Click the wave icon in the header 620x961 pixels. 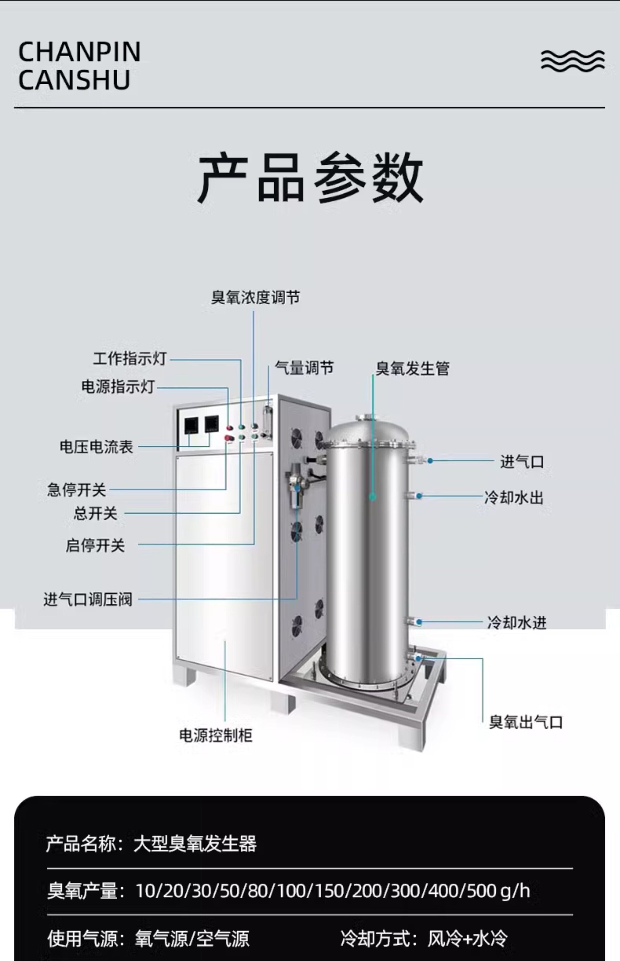[572, 61]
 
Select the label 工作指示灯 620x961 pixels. [130, 358]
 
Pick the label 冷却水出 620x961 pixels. [514, 498]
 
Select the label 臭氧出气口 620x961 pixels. [526, 722]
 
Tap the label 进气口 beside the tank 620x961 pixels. [522, 462]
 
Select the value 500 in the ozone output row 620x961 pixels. [481, 891]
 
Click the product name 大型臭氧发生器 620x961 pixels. [195, 843]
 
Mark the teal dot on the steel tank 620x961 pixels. [372, 497]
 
